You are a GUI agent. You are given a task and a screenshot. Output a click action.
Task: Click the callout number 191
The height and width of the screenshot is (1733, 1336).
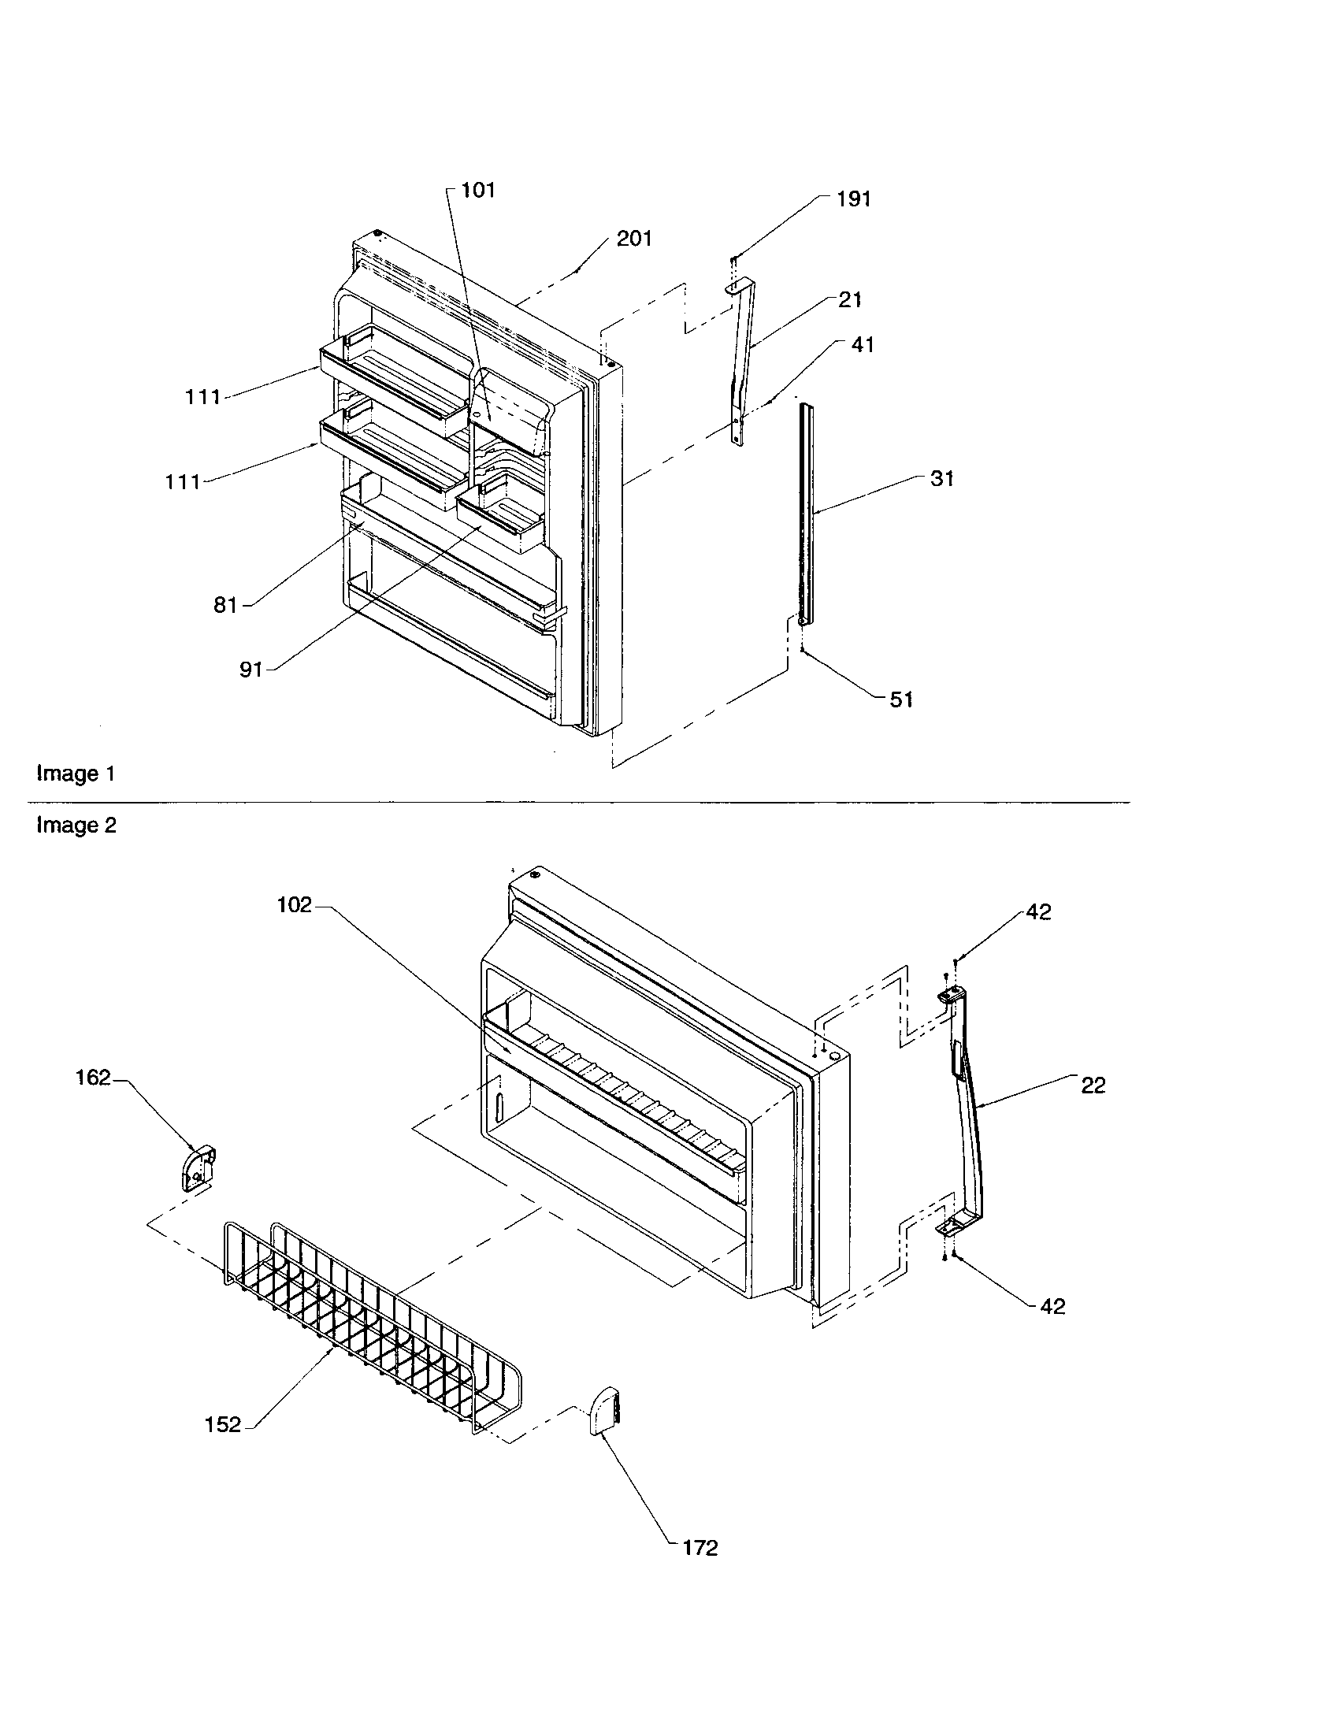point(854,199)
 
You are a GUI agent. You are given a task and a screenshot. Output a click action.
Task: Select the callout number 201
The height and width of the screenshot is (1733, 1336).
point(634,239)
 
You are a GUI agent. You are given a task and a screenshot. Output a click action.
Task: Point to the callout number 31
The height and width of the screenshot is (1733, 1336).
point(941,479)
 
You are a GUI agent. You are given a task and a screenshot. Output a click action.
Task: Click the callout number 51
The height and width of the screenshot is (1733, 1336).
point(901,700)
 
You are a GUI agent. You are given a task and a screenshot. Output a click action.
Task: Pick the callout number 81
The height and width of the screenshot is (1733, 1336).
point(225,606)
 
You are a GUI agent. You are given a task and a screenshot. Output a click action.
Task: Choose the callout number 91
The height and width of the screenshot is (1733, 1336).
point(250,670)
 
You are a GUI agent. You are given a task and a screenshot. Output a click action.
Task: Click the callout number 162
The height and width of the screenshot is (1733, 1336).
point(93,1078)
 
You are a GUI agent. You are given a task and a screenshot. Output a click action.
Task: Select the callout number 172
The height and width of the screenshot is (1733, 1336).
point(700,1548)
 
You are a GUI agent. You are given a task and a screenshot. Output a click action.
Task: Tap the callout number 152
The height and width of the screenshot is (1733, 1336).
point(223,1425)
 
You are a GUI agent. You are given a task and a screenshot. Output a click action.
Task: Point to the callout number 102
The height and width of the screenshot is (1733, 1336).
point(295,905)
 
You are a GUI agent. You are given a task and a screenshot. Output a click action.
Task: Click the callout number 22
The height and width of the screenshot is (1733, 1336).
point(1093,1085)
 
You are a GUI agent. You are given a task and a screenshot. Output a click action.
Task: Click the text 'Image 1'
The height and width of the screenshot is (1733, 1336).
point(76,774)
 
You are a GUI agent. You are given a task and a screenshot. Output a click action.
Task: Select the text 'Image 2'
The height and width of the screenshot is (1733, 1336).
point(76,826)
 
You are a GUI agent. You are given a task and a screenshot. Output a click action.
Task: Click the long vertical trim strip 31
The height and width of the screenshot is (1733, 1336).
point(806,516)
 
